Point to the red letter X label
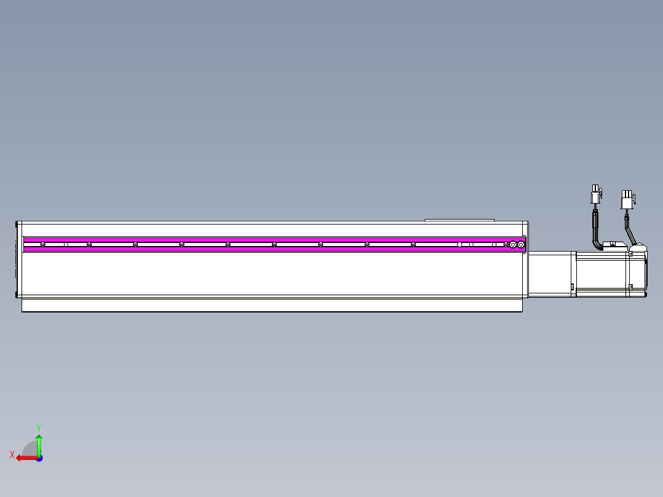coord(12,455)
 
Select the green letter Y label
coord(38,427)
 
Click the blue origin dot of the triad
coord(39,458)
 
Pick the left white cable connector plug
coord(595,195)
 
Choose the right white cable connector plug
coord(627,199)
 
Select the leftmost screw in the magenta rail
coord(42,245)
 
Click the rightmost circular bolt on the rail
coord(521,245)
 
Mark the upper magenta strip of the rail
coord(271,239)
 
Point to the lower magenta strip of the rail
coord(271,249)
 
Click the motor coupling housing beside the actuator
coord(551,274)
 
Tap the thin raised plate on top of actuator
coord(459,219)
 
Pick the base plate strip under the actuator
coord(271,305)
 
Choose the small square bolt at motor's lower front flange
coord(573,287)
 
